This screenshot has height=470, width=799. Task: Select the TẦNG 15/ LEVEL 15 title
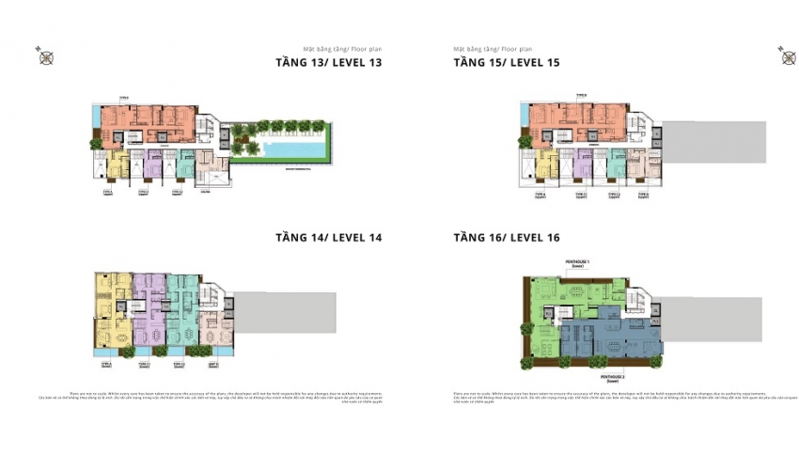pos(507,63)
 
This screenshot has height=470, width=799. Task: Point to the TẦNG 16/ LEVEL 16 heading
pos(507,237)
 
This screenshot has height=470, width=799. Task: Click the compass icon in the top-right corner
pos(788,57)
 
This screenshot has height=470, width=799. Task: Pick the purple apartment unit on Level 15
pos(583,162)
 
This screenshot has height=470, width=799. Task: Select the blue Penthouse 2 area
pos(611,338)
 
